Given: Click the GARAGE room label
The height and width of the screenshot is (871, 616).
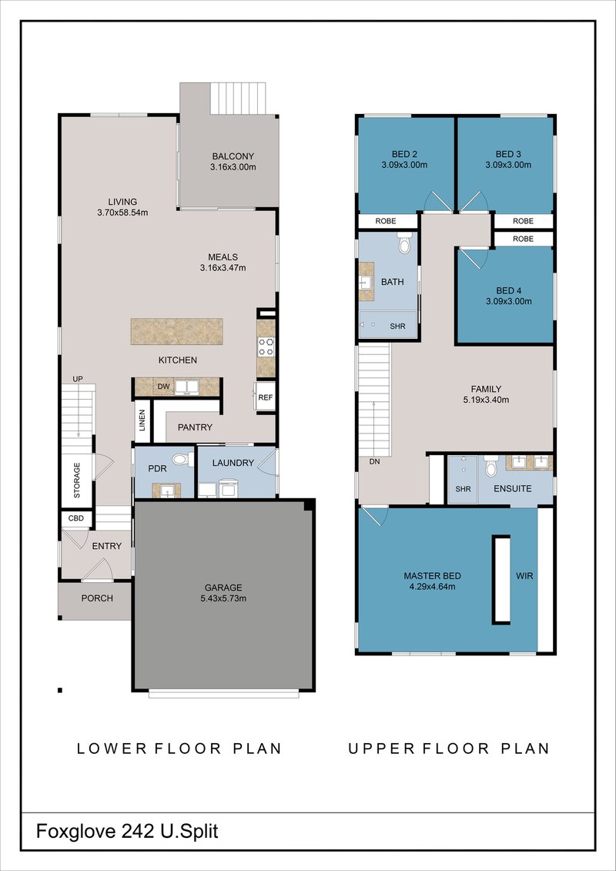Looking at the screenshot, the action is pyautogui.click(x=223, y=587).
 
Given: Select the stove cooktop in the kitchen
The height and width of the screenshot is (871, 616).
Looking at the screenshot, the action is pyautogui.click(x=266, y=347).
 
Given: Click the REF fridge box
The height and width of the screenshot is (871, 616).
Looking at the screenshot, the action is pyautogui.click(x=266, y=397).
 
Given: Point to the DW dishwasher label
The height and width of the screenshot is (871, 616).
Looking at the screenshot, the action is pyautogui.click(x=163, y=386).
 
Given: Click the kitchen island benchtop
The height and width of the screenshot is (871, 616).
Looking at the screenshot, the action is pyautogui.click(x=176, y=332).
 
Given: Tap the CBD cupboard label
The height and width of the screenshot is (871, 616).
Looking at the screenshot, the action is pyautogui.click(x=76, y=518).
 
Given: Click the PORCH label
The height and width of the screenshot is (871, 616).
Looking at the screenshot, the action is pyautogui.click(x=97, y=598).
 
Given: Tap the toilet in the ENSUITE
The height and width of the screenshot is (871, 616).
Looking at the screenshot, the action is pyautogui.click(x=490, y=467).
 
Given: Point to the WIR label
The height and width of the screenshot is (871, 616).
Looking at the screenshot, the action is pyautogui.click(x=525, y=576).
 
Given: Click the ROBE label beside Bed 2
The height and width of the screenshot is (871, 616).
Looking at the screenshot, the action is pyautogui.click(x=386, y=221).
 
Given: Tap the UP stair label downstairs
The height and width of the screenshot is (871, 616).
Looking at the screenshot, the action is pyautogui.click(x=78, y=379).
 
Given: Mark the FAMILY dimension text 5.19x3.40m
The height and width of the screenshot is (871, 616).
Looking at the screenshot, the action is pyautogui.click(x=487, y=400).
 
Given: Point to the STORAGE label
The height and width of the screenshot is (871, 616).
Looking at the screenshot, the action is pyautogui.click(x=77, y=480).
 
